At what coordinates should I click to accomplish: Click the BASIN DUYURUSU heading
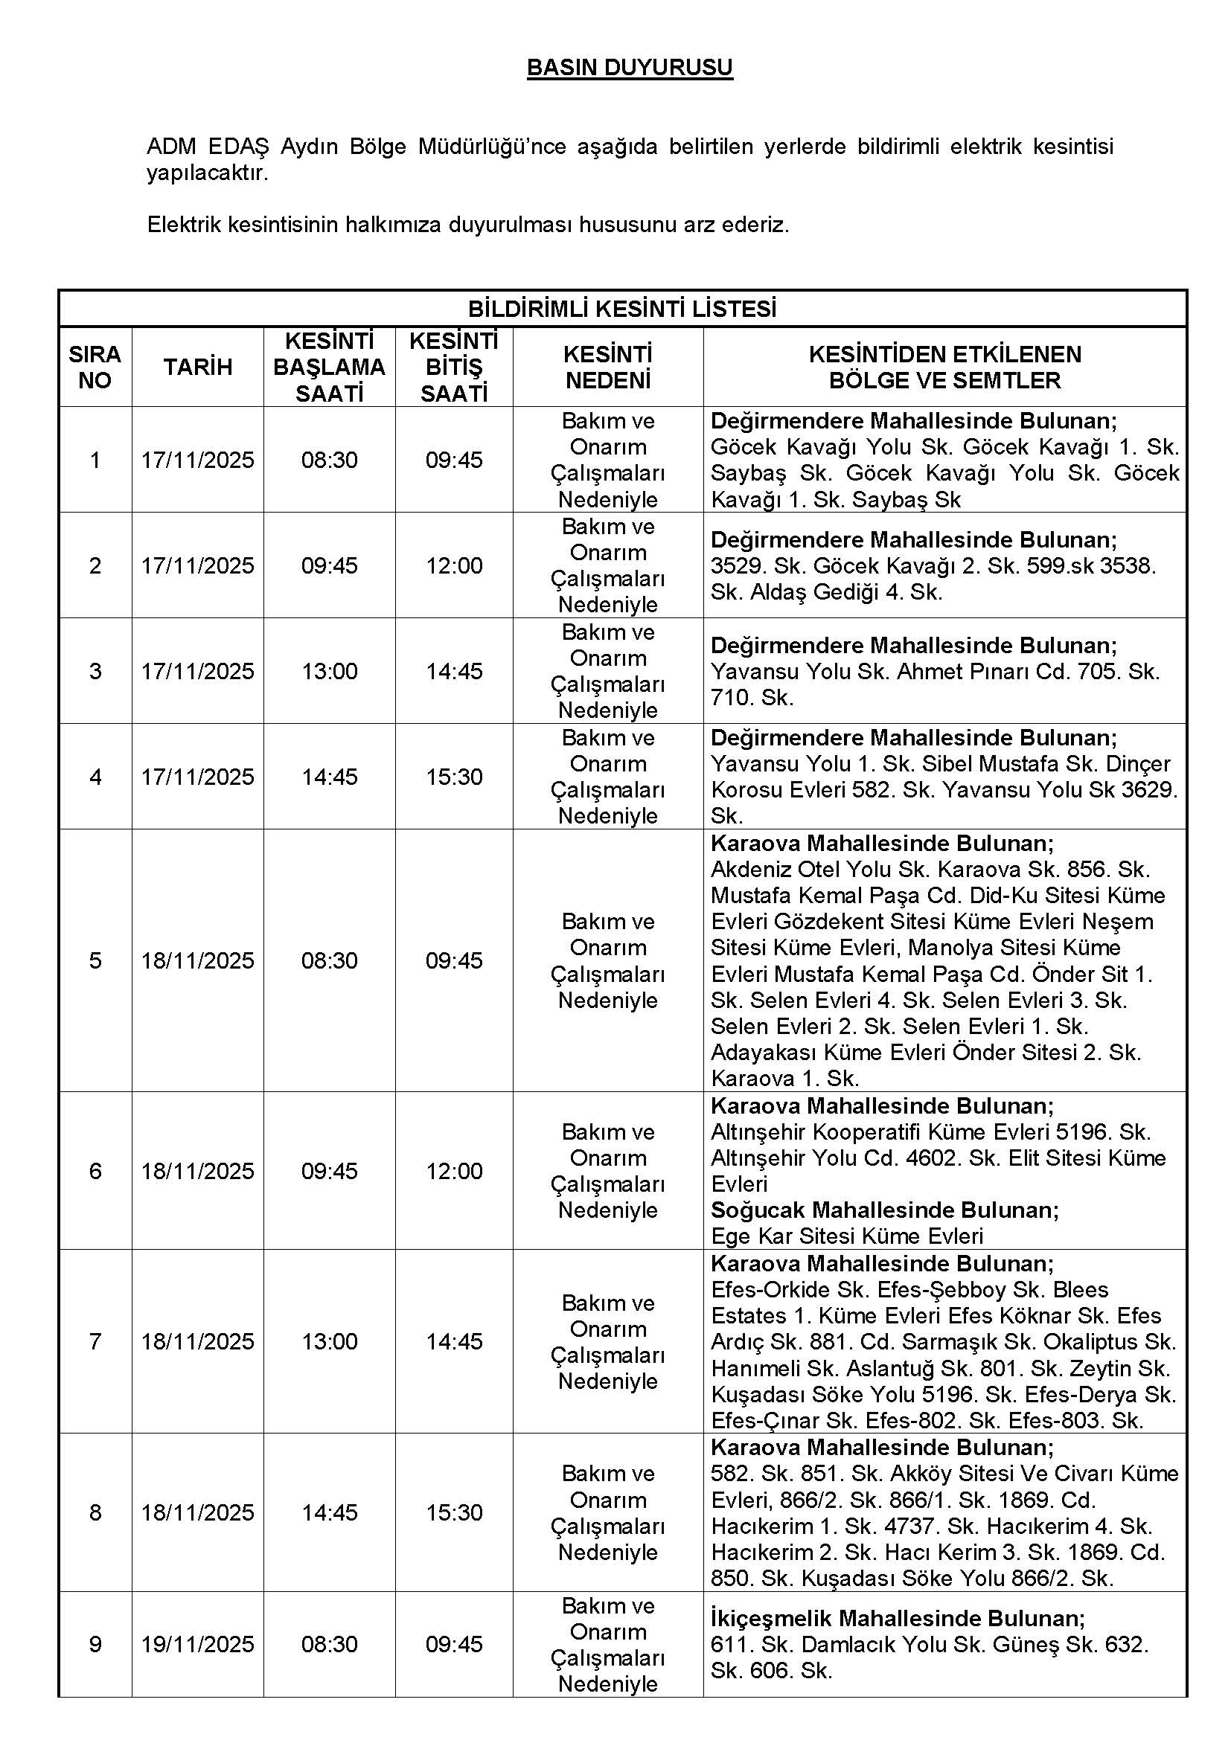click(629, 68)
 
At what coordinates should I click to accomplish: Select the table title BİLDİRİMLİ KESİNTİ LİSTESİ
click(621, 309)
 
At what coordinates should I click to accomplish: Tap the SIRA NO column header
click(95, 367)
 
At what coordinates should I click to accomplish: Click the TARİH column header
click(198, 367)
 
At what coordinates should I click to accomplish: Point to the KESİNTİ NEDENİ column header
click(607, 367)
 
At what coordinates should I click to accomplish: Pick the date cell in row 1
click(198, 460)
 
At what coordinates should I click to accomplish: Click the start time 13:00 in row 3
click(329, 672)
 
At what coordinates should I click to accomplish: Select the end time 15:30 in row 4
click(454, 777)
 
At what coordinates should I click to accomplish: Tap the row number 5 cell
click(95, 961)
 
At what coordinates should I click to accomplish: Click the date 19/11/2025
click(198, 1645)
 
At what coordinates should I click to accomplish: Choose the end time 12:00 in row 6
click(454, 1172)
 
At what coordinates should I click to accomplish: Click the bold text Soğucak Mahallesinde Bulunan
click(884, 1210)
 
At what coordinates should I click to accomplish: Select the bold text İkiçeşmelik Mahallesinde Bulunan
click(898, 1619)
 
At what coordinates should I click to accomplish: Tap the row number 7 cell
click(95, 1342)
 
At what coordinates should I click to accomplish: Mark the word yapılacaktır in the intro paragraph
click(207, 173)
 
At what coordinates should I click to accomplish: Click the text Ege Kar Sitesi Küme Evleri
click(847, 1237)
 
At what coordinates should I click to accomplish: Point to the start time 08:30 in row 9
click(329, 1645)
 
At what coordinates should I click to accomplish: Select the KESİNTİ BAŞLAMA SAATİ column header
click(329, 367)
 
